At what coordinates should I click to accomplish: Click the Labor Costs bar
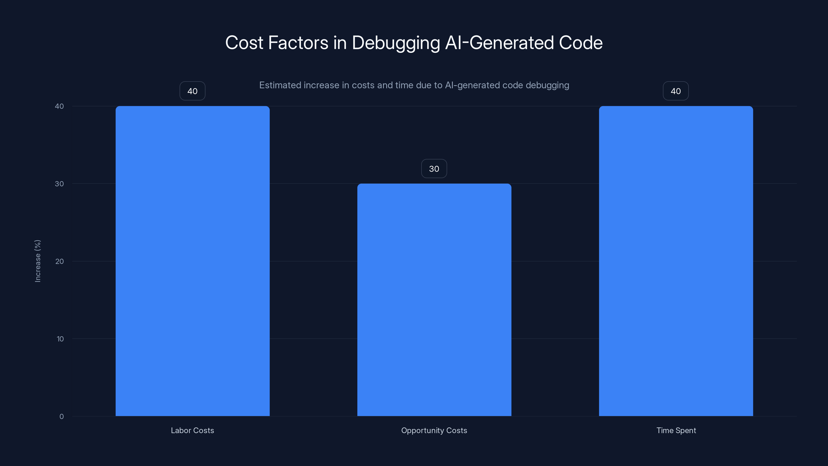click(x=193, y=261)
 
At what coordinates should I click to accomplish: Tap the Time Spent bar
click(x=676, y=261)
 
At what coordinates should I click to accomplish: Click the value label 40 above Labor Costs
click(x=192, y=91)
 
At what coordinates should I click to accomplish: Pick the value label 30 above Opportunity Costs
click(x=434, y=169)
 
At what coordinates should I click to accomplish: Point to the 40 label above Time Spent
click(x=676, y=91)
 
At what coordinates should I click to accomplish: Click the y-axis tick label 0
click(x=61, y=417)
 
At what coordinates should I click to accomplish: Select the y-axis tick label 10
click(x=60, y=339)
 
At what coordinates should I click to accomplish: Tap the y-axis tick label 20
click(x=60, y=261)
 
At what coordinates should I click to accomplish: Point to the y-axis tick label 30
click(x=60, y=184)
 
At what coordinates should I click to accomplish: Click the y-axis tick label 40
click(x=60, y=106)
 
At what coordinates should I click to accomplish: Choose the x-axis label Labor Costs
click(x=192, y=430)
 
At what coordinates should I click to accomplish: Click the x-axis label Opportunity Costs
click(x=434, y=430)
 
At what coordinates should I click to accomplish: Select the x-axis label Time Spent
click(x=676, y=430)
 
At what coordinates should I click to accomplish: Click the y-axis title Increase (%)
click(x=38, y=261)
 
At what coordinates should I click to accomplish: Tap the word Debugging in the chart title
click(x=396, y=43)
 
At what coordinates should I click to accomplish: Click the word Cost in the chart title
click(x=244, y=42)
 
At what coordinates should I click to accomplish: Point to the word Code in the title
click(x=580, y=42)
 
